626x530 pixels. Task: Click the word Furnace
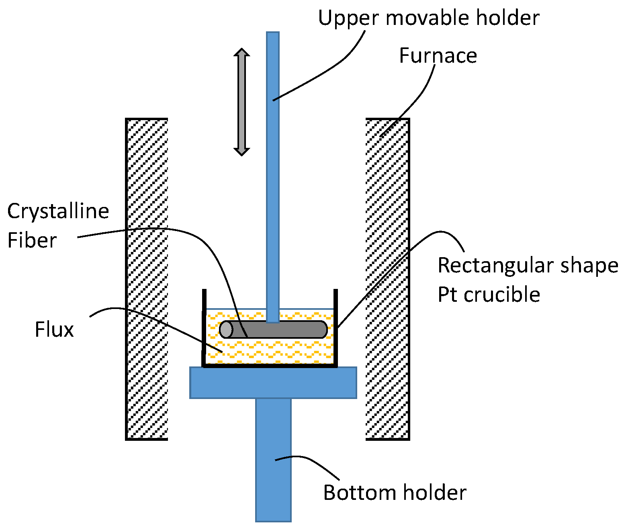pos(438,55)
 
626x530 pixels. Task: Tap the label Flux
pos(54,329)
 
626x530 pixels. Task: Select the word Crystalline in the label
pos(58,211)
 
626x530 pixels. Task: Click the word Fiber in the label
pos(32,240)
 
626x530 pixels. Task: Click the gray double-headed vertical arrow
pos(241,102)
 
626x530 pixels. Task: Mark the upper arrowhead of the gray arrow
pos(241,53)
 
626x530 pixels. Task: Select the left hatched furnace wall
pos(147,279)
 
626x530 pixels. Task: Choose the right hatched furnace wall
pos(387,279)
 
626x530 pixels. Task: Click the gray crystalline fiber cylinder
pos(281,329)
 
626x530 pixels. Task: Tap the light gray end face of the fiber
pos(226,329)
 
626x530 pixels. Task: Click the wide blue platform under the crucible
pos(273,383)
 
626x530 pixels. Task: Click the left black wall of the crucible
pos(204,327)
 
